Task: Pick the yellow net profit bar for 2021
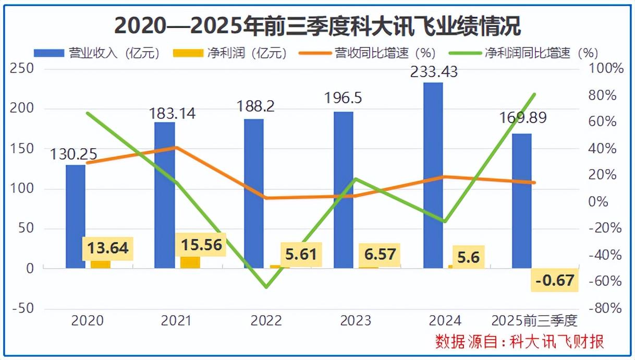click(x=190, y=262)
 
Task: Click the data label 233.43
click(x=434, y=71)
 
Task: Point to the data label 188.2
click(x=255, y=106)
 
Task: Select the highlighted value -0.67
click(x=555, y=281)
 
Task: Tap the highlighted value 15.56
click(x=202, y=244)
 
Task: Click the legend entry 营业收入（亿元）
click(x=96, y=53)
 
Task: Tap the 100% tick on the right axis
click(x=605, y=69)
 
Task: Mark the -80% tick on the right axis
click(x=605, y=308)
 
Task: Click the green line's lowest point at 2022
click(x=266, y=287)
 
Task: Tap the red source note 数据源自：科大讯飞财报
click(x=520, y=342)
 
